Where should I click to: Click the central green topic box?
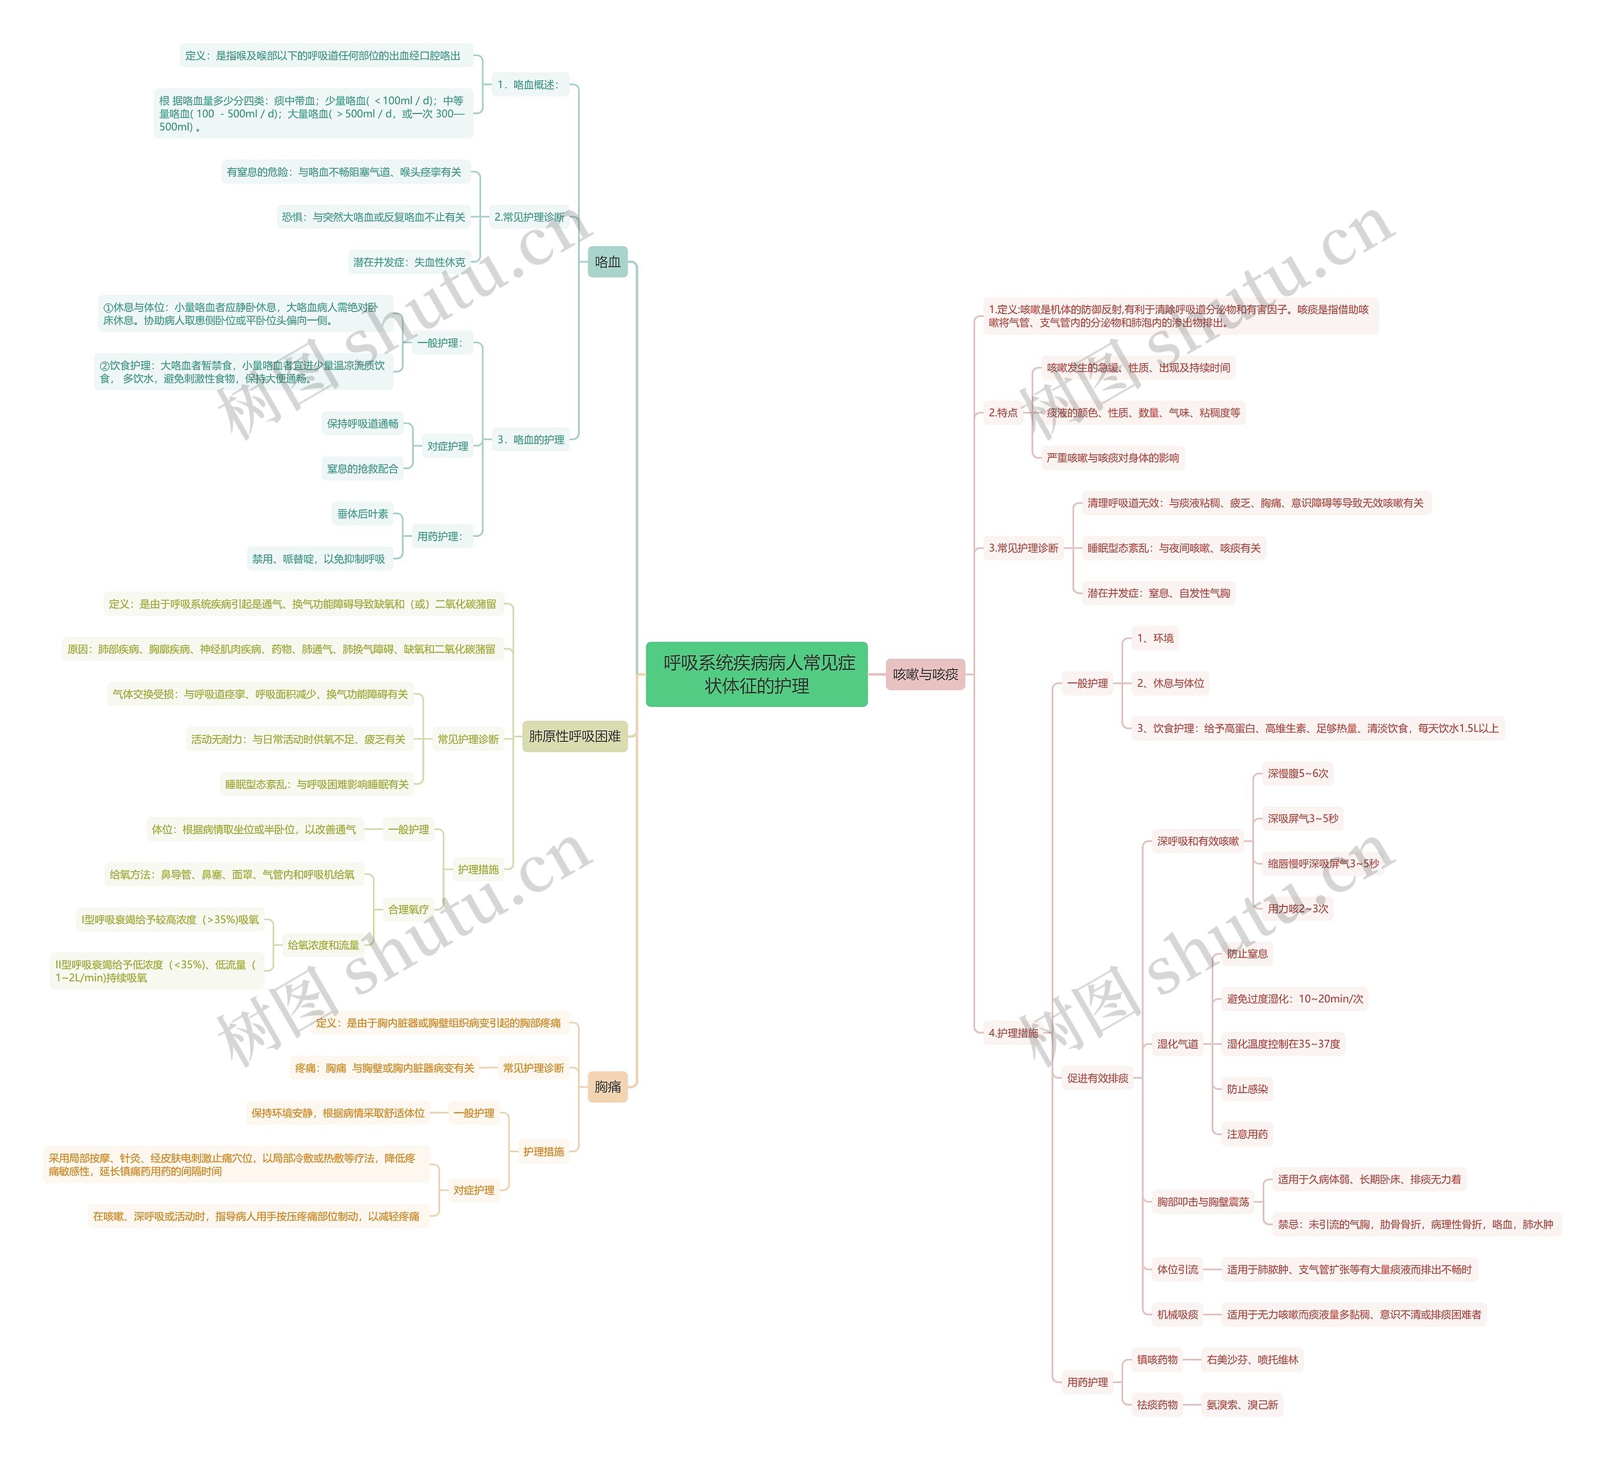pyautogui.click(x=755, y=674)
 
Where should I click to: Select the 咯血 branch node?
pyautogui.click(x=608, y=262)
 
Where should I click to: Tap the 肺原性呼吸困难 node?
pyautogui.click(x=574, y=736)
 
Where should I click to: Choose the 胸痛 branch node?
pyautogui.click(x=608, y=1086)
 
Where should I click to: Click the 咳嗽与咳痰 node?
pyautogui.click(x=925, y=674)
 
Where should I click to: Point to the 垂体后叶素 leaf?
pyautogui.click(x=362, y=514)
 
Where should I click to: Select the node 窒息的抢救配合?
pyautogui.click(x=362, y=468)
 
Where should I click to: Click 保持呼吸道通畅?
pyautogui.click(x=362, y=424)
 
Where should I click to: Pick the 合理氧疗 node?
pyautogui.click(x=408, y=909)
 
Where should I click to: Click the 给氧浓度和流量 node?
pyautogui.click(x=324, y=944)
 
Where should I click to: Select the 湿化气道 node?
pyautogui.click(x=1177, y=1044)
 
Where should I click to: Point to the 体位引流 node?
pyautogui.click(x=1177, y=1269)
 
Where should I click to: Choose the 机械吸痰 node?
pyautogui.click(x=1177, y=1315)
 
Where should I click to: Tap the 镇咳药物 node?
pyautogui.click(x=1157, y=1360)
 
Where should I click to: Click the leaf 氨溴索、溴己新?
pyautogui.click(x=1242, y=1405)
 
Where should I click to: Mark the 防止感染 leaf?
pyautogui.click(x=1247, y=1089)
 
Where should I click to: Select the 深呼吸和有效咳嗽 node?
pyautogui.click(x=1197, y=841)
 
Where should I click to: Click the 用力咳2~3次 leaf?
pyautogui.click(x=1298, y=909)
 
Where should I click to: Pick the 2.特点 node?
pyautogui.click(x=1003, y=413)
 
